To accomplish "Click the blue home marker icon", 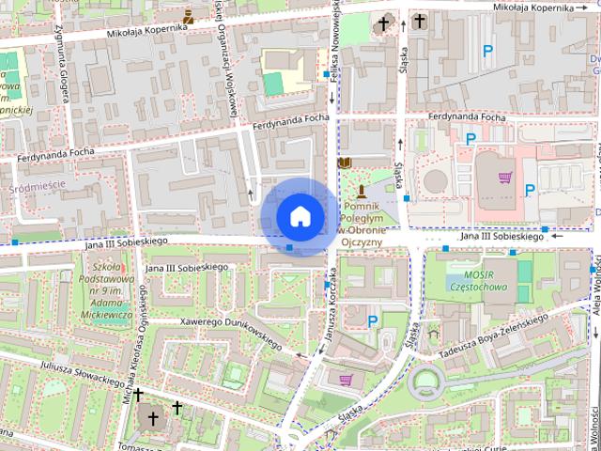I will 300,216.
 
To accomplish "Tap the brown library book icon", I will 345,163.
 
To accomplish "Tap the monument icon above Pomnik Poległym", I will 361,191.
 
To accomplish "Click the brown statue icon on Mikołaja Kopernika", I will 189,16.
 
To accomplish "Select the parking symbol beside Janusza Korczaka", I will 374,321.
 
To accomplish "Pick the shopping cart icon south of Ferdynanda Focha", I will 505,177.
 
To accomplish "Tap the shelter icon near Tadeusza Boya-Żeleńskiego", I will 433,333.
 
